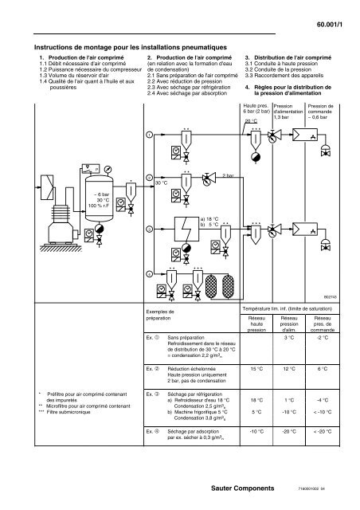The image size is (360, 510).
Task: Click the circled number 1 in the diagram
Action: (148, 135)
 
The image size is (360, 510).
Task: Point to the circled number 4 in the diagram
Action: (148, 273)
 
